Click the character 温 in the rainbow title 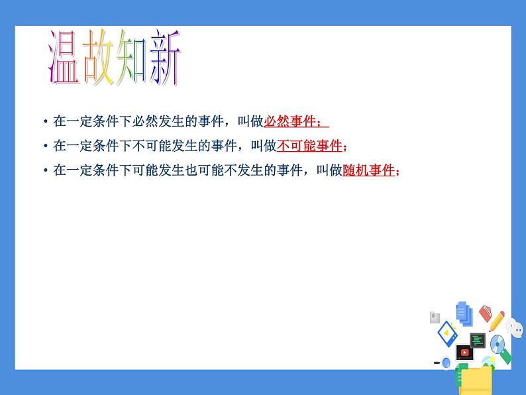coord(64,58)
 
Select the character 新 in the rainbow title coord(164,58)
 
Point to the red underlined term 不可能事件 coord(309,146)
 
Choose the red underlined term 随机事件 coord(368,170)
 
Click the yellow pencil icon coord(496,321)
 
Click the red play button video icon coord(464,353)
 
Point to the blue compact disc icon coord(497,343)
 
